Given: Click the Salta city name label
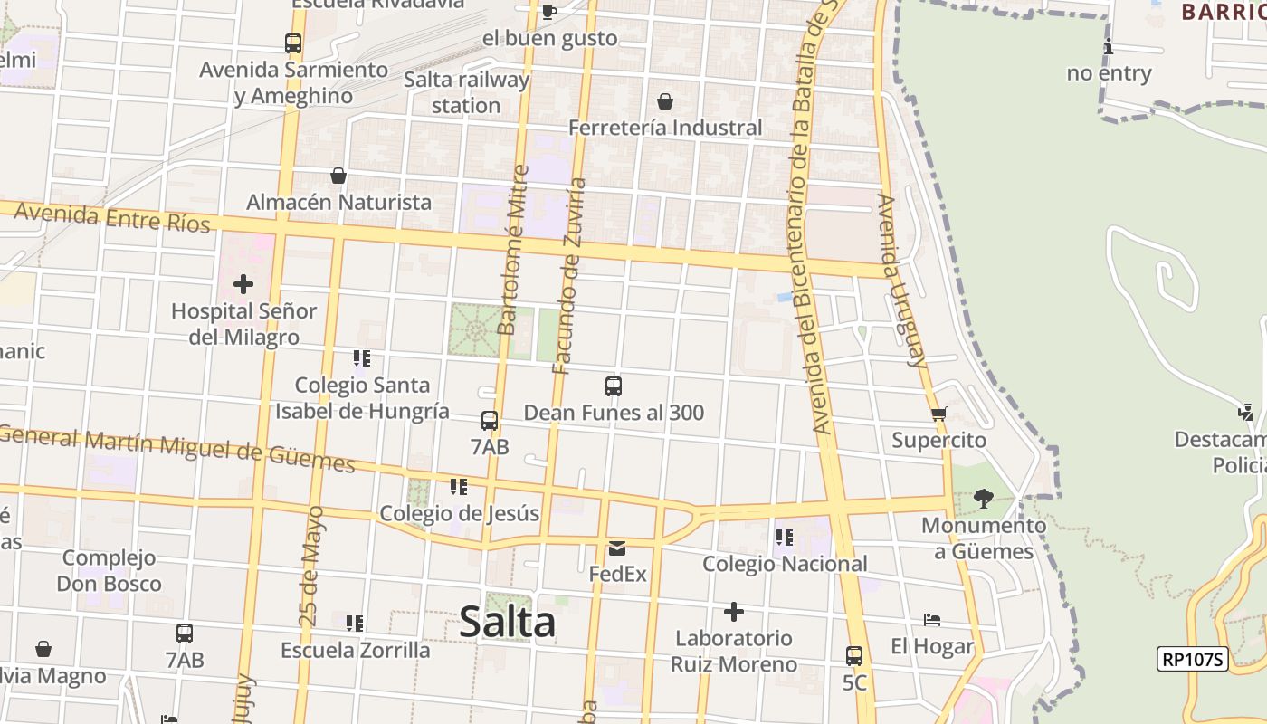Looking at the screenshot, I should click(x=507, y=622).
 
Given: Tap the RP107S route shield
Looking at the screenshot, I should click(x=1192, y=659).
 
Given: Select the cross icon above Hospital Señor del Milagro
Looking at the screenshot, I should click(x=243, y=284).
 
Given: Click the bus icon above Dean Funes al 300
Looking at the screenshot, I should click(x=614, y=386).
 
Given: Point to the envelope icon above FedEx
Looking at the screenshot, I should click(x=617, y=548).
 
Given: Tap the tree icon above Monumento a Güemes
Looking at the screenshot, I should click(x=983, y=498).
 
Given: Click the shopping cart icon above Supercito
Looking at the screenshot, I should click(x=938, y=414).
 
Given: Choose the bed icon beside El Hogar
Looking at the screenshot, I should click(x=932, y=620).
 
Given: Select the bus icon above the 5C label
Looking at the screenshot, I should click(x=853, y=656).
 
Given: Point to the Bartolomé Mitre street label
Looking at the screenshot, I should click(x=513, y=249).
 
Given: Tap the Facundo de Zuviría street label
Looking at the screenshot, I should click(x=570, y=276).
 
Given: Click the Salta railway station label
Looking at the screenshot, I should click(x=466, y=92).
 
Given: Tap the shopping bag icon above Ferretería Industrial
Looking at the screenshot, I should click(x=665, y=100).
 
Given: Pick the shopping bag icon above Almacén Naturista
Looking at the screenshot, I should click(x=338, y=175).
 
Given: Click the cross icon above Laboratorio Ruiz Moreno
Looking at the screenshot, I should click(x=734, y=613).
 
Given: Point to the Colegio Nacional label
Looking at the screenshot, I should click(x=785, y=564).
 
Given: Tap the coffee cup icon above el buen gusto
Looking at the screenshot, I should click(x=548, y=12).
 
